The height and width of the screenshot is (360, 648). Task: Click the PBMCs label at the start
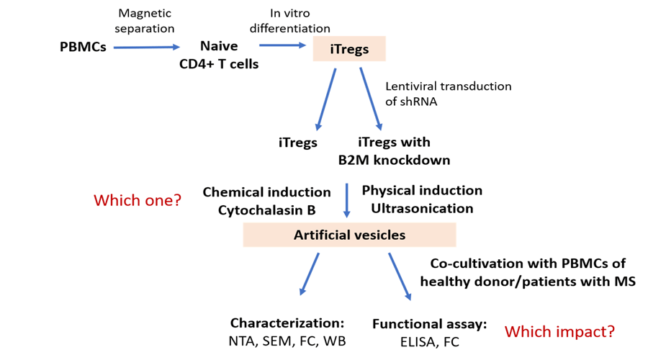[83, 47]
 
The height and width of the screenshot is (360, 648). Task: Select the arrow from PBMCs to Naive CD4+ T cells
[146, 48]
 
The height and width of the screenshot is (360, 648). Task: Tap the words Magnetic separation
[144, 21]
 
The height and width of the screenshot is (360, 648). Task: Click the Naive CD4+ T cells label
[219, 55]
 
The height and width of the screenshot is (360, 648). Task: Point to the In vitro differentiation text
[290, 21]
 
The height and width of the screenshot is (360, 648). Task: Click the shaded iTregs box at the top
[349, 49]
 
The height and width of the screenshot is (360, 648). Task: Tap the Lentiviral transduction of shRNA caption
[449, 94]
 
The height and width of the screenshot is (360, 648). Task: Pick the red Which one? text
[138, 200]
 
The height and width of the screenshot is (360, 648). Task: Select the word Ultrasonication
[422, 208]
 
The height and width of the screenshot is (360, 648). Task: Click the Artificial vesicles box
[349, 235]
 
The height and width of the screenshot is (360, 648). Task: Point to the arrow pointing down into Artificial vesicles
[348, 201]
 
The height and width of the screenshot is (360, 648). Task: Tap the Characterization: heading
[287, 323]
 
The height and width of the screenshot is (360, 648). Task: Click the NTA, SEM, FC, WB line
[288, 341]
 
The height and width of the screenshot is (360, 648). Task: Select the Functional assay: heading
[429, 324]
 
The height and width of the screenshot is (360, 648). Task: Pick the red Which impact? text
[559, 332]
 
